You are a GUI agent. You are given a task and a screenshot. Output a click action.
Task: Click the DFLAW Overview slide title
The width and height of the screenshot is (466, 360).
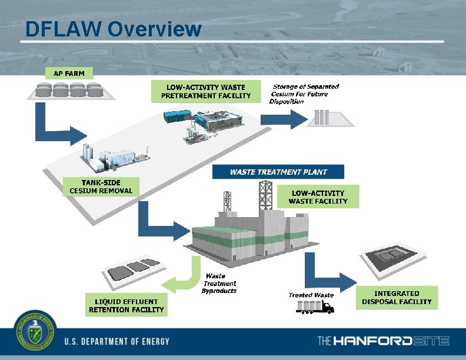[114, 28]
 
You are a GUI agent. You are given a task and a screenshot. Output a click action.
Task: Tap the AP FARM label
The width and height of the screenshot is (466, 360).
[69, 74]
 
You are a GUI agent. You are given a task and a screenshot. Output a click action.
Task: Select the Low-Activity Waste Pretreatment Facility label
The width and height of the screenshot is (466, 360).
[206, 91]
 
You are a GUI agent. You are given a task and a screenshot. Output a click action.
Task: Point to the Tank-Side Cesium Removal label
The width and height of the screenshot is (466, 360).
[101, 186]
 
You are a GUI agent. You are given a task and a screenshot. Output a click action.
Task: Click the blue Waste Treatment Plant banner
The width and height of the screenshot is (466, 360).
[278, 172]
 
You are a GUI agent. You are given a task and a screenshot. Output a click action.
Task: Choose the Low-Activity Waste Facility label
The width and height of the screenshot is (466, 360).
[318, 197]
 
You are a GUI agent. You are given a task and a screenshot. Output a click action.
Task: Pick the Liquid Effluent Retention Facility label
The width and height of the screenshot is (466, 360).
[126, 305]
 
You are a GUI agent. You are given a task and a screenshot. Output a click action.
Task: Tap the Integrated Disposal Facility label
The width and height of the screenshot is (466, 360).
[397, 298]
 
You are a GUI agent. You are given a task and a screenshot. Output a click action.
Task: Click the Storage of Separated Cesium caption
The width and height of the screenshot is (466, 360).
[305, 94]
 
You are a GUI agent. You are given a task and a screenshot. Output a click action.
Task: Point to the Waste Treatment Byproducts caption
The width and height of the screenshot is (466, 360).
[219, 284]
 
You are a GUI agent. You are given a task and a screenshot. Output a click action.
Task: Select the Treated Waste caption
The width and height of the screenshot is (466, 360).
[311, 295]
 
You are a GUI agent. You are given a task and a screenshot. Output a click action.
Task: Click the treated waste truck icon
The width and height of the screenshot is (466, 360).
[315, 306]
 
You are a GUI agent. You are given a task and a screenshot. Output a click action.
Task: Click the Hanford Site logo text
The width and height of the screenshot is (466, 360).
[383, 341]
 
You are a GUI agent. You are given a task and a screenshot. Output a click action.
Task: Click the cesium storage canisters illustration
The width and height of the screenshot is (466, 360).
[322, 117]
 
